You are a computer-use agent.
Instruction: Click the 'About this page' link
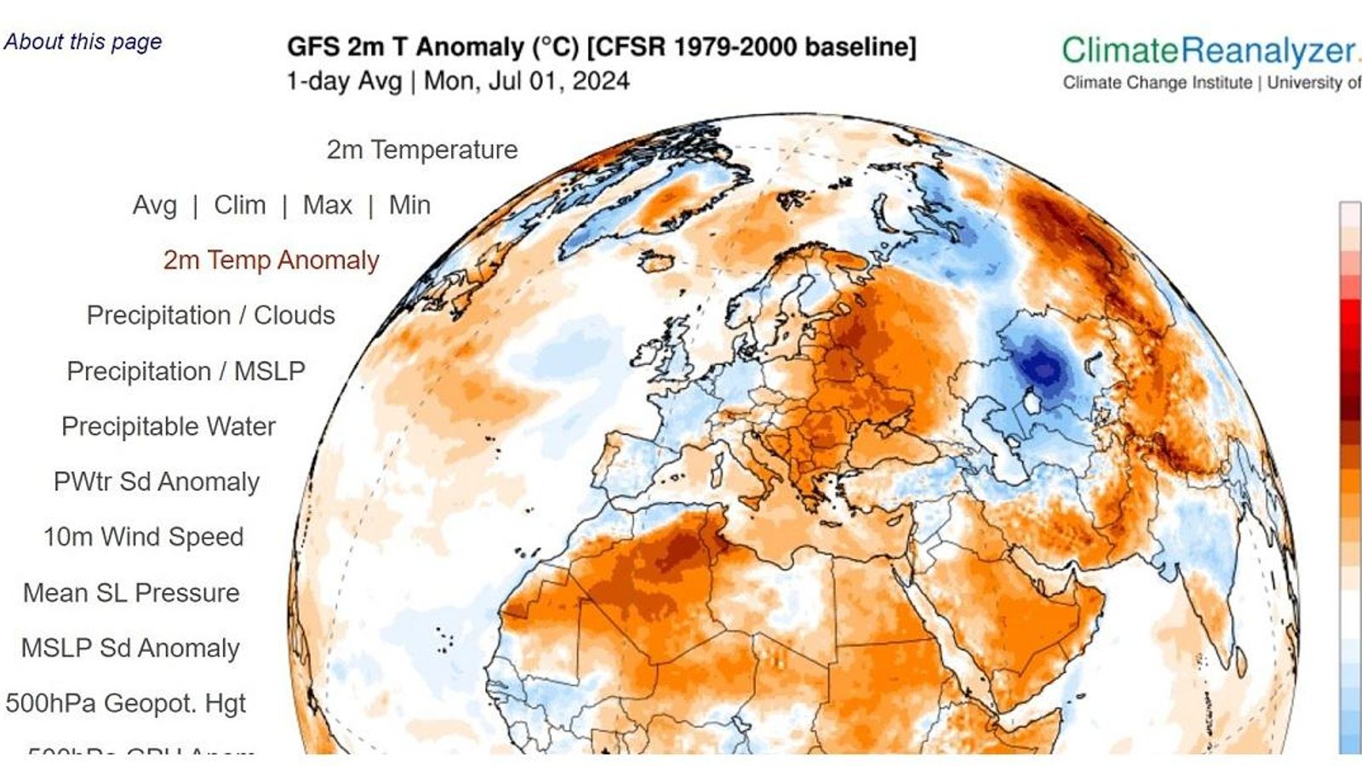coord(83,42)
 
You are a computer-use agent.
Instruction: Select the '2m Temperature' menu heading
coord(422,150)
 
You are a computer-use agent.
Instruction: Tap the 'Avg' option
coord(155,205)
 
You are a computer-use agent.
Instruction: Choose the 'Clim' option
coord(240,205)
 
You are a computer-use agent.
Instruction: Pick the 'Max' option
coord(328,205)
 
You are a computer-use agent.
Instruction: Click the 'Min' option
coord(409,205)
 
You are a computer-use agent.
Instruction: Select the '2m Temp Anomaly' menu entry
coord(272,260)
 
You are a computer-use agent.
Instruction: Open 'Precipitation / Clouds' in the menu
coord(211,316)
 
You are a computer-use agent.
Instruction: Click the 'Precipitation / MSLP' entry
coord(186,371)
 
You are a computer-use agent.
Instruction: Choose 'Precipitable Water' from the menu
coord(169,426)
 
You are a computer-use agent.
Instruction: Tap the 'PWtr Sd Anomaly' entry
coord(157,482)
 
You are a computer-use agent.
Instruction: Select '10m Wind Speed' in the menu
coord(144,537)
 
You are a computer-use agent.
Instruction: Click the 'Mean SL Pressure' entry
coord(131,592)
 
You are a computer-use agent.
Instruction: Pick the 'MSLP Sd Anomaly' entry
coord(130,648)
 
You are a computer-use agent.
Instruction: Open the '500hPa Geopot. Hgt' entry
coord(125,703)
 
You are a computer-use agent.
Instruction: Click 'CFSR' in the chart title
coord(632,47)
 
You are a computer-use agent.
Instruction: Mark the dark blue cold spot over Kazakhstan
coord(1041,367)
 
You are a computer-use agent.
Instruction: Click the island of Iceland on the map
coord(656,261)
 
